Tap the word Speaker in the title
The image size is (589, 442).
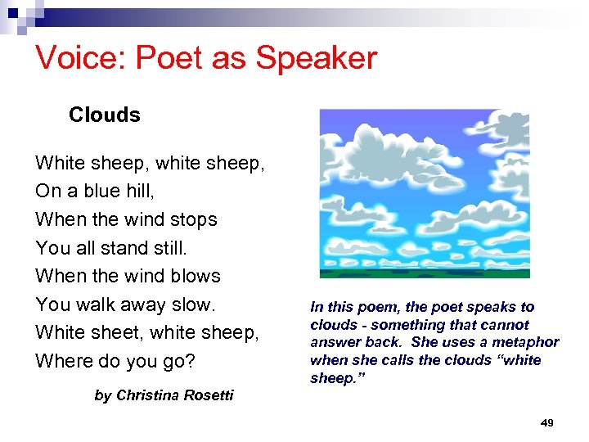[x=317, y=58]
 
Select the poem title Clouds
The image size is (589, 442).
[x=105, y=115]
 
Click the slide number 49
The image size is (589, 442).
[x=547, y=422]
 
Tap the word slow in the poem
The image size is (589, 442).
[x=191, y=304]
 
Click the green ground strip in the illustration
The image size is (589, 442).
[x=424, y=273]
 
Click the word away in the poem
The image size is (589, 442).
[x=142, y=304]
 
